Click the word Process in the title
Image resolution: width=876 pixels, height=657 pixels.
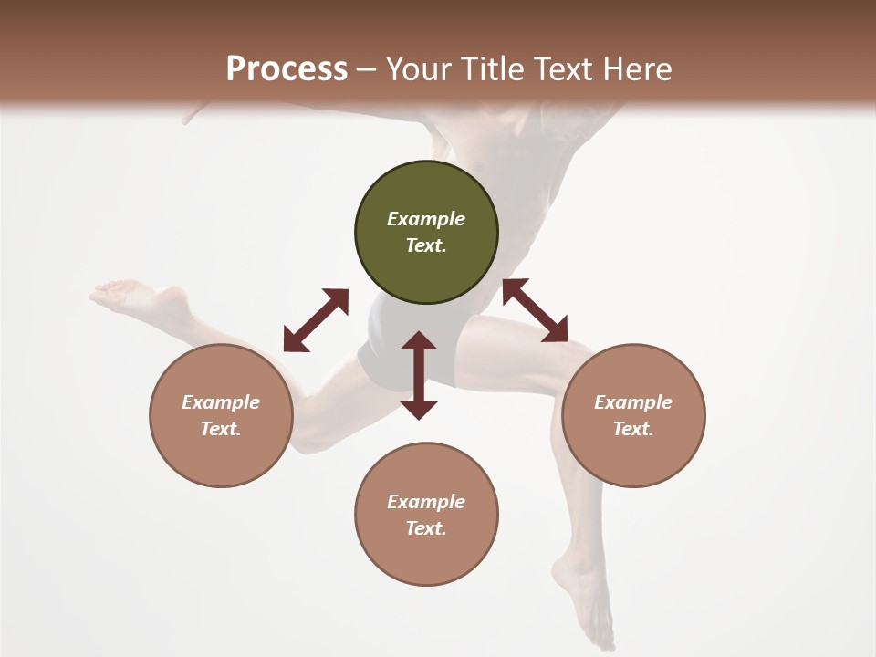point(287,69)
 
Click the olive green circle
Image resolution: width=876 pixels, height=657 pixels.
point(426,232)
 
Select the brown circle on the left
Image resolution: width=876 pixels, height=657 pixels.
point(221,415)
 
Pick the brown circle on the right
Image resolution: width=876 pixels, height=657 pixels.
point(633,415)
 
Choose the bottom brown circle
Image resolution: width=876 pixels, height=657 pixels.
point(426,515)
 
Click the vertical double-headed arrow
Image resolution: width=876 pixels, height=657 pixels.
point(419,375)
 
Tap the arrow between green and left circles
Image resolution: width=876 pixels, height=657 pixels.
point(316,320)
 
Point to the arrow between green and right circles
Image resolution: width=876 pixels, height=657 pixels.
point(535,310)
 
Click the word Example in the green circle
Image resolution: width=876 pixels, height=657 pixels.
point(426,219)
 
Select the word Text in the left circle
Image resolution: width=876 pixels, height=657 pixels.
point(221,429)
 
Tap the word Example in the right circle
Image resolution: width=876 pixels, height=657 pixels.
point(633,402)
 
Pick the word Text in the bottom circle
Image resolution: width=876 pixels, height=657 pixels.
point(426,528)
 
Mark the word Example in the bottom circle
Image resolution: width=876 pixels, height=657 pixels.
point(426,502)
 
